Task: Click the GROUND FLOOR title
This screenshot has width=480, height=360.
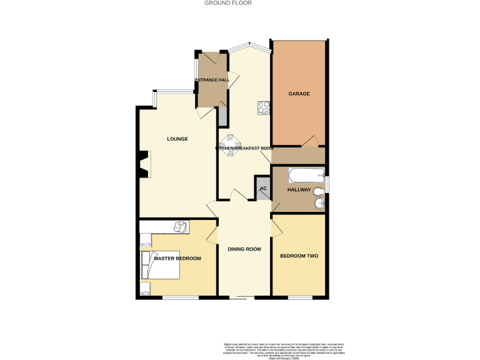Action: (227, 3)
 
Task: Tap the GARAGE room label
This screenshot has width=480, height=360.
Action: (299, 94)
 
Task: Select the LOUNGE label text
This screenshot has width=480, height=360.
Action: (177, 139)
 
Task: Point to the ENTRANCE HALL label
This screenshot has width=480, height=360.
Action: (212, 80)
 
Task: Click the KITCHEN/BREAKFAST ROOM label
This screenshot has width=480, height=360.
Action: (244, 148)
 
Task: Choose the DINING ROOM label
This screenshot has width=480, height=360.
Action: (244, 249)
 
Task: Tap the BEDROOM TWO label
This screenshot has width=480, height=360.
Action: (299, 256)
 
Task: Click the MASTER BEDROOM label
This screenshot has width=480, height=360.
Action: (177, 259)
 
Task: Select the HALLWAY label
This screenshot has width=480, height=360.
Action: (299, 189)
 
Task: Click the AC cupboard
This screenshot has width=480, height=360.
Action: (263, 188)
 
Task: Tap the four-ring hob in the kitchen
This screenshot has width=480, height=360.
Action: (263, 107)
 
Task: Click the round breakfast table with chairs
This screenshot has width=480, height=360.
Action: (231, 144)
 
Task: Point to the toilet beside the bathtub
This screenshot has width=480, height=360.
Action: (319, 191)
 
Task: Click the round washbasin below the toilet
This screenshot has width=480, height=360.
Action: (319, 204)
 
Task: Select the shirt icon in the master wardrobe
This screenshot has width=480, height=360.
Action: (181, 226)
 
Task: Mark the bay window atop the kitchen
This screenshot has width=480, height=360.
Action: (249, 47)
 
